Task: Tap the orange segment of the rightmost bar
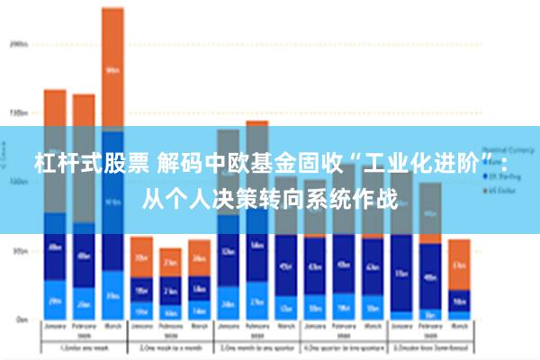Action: click(459, 263)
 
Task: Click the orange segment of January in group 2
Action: click(141, 256)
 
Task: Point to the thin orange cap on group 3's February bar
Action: click(256, 123)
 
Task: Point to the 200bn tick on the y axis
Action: click(19, 43)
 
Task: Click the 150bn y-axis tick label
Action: click(19, 113)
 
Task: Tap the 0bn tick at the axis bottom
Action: click(21, 319)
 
